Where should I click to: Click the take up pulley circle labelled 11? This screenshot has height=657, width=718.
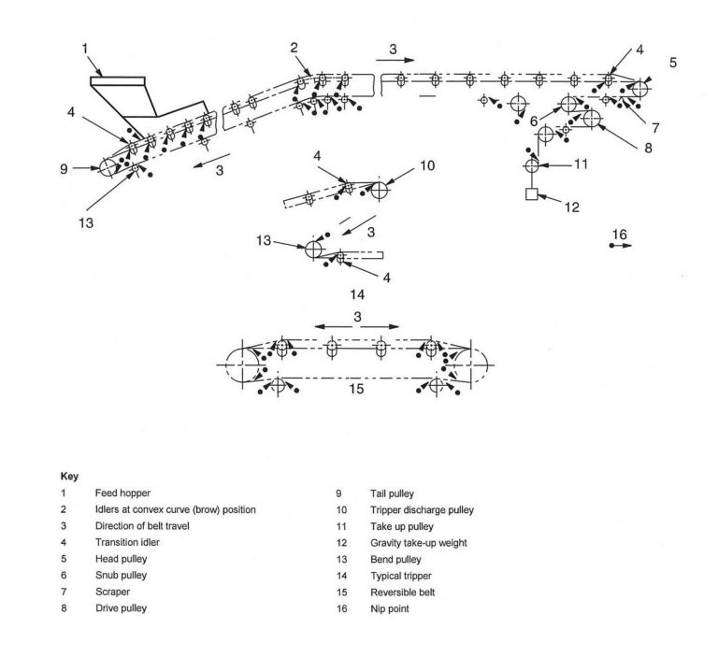pyautogui.click(x=532, y=165)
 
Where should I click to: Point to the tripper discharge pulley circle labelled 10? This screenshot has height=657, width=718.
pyautogui.click(x=379, y=190)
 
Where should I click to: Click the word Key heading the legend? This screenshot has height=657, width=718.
pyautogui.click(x=68, y=476)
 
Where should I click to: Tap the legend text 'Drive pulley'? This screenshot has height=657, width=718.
pyautogui.click(x=121, y=608)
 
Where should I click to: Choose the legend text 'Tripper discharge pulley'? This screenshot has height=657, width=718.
pyautogui.click(x=422, y=509)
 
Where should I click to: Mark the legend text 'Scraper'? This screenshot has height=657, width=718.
pyautogui.click(x=111, y=592)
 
